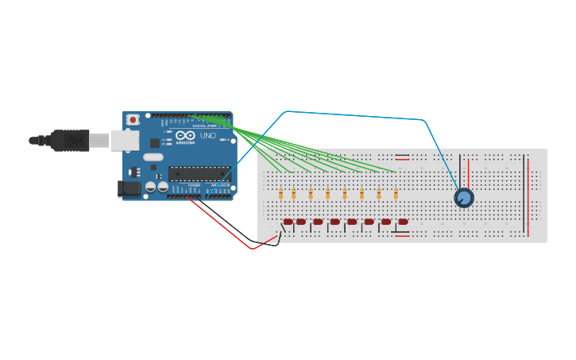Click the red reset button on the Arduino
133,119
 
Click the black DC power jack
128,189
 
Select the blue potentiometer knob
464,197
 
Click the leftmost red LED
288,222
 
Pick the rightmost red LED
403,222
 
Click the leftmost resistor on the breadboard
281,194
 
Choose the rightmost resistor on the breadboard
395,194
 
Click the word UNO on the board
207,136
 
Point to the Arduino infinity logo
185,136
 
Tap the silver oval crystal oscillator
153,157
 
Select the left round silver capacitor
150,188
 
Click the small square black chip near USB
155,142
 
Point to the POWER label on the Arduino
194,185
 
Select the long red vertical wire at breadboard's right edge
528,195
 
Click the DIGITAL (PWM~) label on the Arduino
205,126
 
